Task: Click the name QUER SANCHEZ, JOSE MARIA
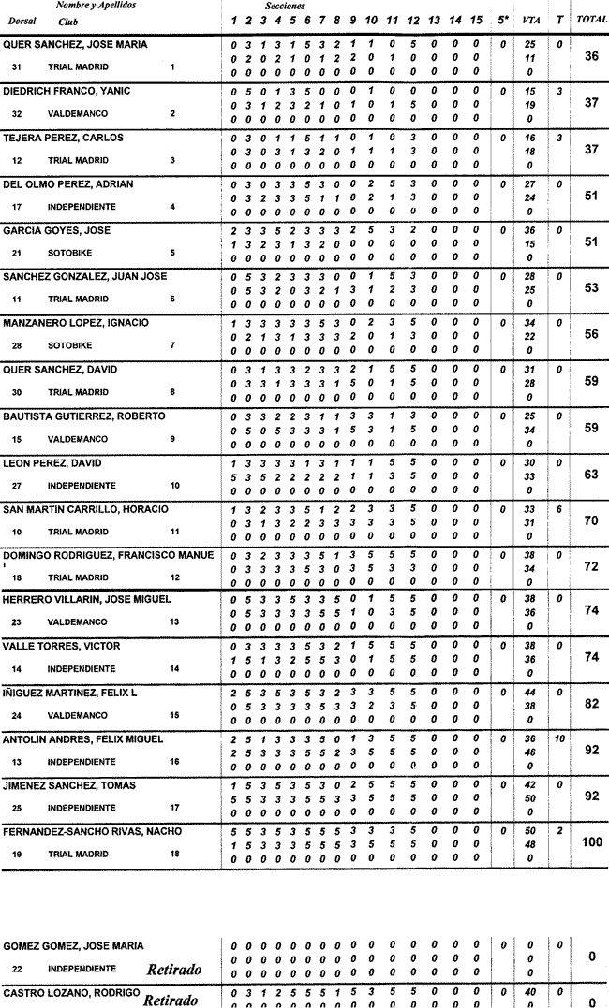tap(75, 44)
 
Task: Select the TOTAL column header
tap(590, 20)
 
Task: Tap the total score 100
tap(591, 842)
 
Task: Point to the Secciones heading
tap(285, 6)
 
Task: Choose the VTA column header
tap(530, 20)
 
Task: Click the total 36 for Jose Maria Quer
tap(591, 56)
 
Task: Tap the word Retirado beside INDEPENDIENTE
tap(174, 969)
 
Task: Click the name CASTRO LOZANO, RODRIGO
tap(71, 991)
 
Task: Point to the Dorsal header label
tap(22, 20)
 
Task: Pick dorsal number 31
tap(17, 67)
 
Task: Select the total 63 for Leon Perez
tap(591, 475)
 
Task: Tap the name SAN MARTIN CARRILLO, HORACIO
tap(85, 509)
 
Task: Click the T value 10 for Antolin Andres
tap(558, 738)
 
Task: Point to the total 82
tap(591, 703)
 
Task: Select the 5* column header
tap(504, 20)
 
